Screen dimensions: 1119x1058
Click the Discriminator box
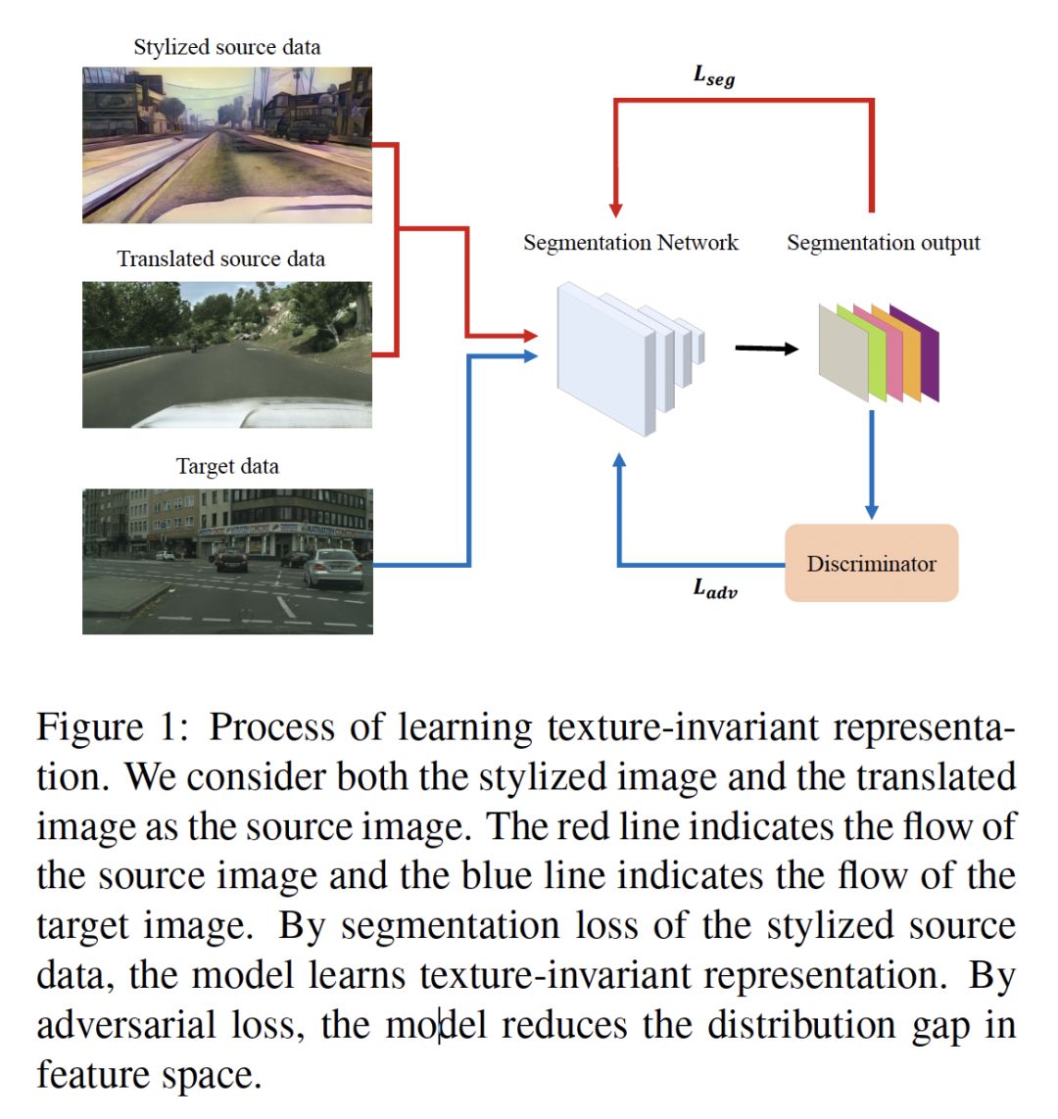point(871,563)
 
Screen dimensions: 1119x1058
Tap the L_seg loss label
point(713,75)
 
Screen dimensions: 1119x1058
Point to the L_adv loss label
point(715,588)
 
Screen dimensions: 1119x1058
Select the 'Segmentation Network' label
point(630,243)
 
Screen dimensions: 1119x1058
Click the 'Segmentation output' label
point(883,243)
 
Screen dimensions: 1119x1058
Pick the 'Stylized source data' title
point(226,47)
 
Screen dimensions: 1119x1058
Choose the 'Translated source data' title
point(220,259)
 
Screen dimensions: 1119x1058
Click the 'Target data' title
point(226,466)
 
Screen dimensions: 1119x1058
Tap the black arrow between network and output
point(766,348)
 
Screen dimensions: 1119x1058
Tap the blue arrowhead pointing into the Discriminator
point(871,511)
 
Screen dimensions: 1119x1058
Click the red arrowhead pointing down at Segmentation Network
point(615,209)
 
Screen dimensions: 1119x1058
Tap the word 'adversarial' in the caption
point(125,1025)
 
